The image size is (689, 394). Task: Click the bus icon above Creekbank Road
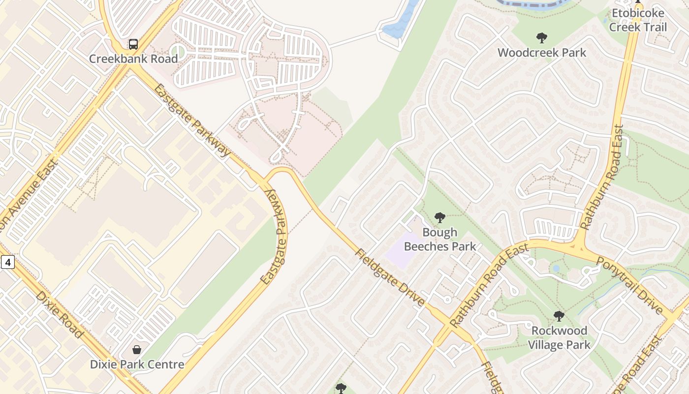coord(133,44)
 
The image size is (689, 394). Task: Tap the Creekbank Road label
coord(133,59)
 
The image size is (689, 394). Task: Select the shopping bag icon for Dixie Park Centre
coord(137,350)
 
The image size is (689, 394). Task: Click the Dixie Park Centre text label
coord(137,364)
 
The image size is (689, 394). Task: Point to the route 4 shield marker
coord(7,262)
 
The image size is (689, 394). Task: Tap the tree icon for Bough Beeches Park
coord(439,218)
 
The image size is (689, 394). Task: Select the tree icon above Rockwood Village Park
coord(559,316)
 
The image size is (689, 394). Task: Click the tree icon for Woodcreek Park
coord(541,38)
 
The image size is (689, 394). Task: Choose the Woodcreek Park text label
coord(541,53)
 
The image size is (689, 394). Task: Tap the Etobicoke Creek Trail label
coord(638,20)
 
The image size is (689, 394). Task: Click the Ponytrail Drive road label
coord(629,285)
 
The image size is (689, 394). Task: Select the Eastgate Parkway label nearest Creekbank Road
coord(192,120)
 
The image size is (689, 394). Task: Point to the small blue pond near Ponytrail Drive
coord(556,268)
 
